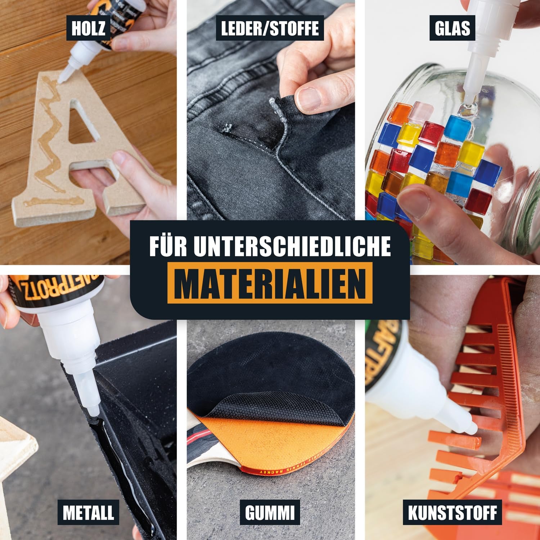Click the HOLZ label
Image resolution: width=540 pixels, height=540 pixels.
click(88, 28)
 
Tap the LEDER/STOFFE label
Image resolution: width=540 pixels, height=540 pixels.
click(270, 28)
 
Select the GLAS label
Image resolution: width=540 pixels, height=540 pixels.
click(452, 28)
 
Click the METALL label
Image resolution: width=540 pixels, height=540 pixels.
click(88, 513)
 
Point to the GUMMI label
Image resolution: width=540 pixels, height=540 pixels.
click(270, 513)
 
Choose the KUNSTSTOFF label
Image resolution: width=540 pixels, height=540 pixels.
click(452, 513)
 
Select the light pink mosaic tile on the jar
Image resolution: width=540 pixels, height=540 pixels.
click(422, 112)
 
